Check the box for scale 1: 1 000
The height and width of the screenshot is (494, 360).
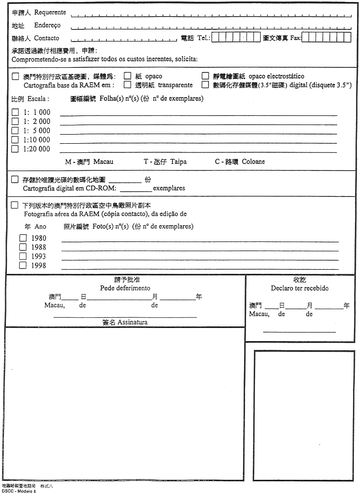click(15, 112)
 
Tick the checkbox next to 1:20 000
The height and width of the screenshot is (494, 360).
click(15, 149)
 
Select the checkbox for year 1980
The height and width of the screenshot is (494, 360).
click(23, 238)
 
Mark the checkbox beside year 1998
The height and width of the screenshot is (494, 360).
click(23, 265)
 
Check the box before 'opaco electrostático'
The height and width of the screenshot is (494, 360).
click(206, 76)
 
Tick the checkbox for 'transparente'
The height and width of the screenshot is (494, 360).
click(128, 85)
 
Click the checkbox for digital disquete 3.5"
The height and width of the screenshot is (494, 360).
click(206, 85)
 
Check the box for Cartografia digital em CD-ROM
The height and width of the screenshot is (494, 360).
click(15, 179)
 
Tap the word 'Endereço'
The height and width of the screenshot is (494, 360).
click(47, 25)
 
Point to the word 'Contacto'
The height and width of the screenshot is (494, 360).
click(47, 38)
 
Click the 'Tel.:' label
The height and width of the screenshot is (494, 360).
click(204, 38)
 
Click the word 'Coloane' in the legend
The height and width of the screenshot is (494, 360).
click(253, 161)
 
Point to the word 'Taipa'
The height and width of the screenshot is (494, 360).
click(178, 161)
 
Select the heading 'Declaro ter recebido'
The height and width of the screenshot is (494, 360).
click(299, 288)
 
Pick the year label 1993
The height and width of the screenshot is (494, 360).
click(38, 256)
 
